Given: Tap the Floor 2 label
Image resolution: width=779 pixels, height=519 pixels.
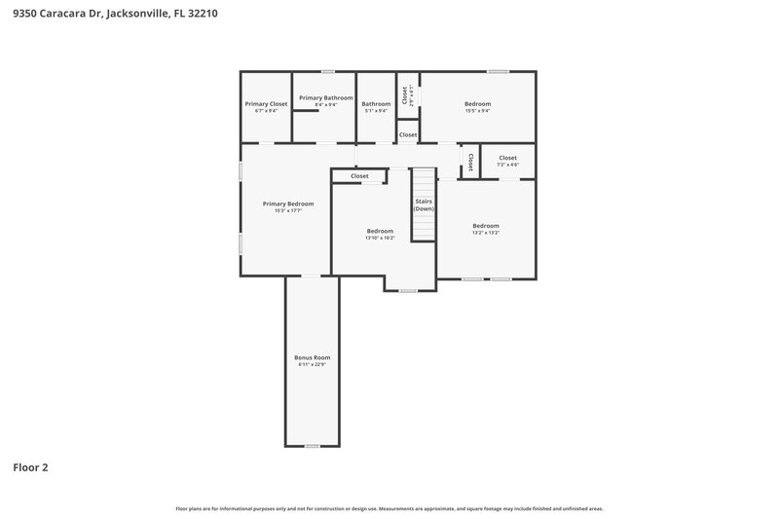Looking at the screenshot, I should [30, 467].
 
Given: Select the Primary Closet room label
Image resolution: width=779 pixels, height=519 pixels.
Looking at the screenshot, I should [266, 104].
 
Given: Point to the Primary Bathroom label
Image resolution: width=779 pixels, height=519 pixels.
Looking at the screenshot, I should [325, 97].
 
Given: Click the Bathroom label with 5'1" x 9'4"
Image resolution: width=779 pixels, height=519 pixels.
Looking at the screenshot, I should [376, 104].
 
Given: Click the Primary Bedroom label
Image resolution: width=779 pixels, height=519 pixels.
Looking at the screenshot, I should [288, 204].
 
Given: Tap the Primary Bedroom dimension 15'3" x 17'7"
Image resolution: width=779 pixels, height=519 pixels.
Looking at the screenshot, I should [288, 211].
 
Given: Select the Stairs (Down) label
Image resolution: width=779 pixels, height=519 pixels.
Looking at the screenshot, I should [424, 204].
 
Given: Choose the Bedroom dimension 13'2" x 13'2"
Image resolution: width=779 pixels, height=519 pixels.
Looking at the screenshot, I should [486, 233].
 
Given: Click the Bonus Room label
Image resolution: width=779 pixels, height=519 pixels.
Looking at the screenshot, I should [313, 357].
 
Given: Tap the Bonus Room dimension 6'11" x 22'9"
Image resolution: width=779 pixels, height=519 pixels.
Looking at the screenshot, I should [313, 365].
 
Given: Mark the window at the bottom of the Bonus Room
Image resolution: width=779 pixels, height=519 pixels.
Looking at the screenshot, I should [312, 446].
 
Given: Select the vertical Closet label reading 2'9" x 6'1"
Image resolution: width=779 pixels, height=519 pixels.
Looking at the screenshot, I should [406, 95].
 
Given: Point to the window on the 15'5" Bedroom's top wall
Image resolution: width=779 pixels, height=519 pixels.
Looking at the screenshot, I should [498, 71].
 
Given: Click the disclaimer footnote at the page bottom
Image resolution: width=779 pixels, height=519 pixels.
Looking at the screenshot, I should [389, 508].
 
